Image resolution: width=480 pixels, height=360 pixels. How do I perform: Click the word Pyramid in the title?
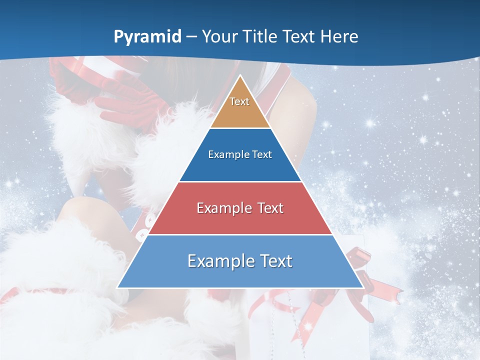pos(147,37)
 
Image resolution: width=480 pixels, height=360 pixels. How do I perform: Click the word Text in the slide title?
pos(299,36)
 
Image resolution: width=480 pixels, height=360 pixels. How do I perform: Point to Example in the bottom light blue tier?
pos(217,261)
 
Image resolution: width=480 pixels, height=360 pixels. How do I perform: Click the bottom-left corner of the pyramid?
pos(118,287)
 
